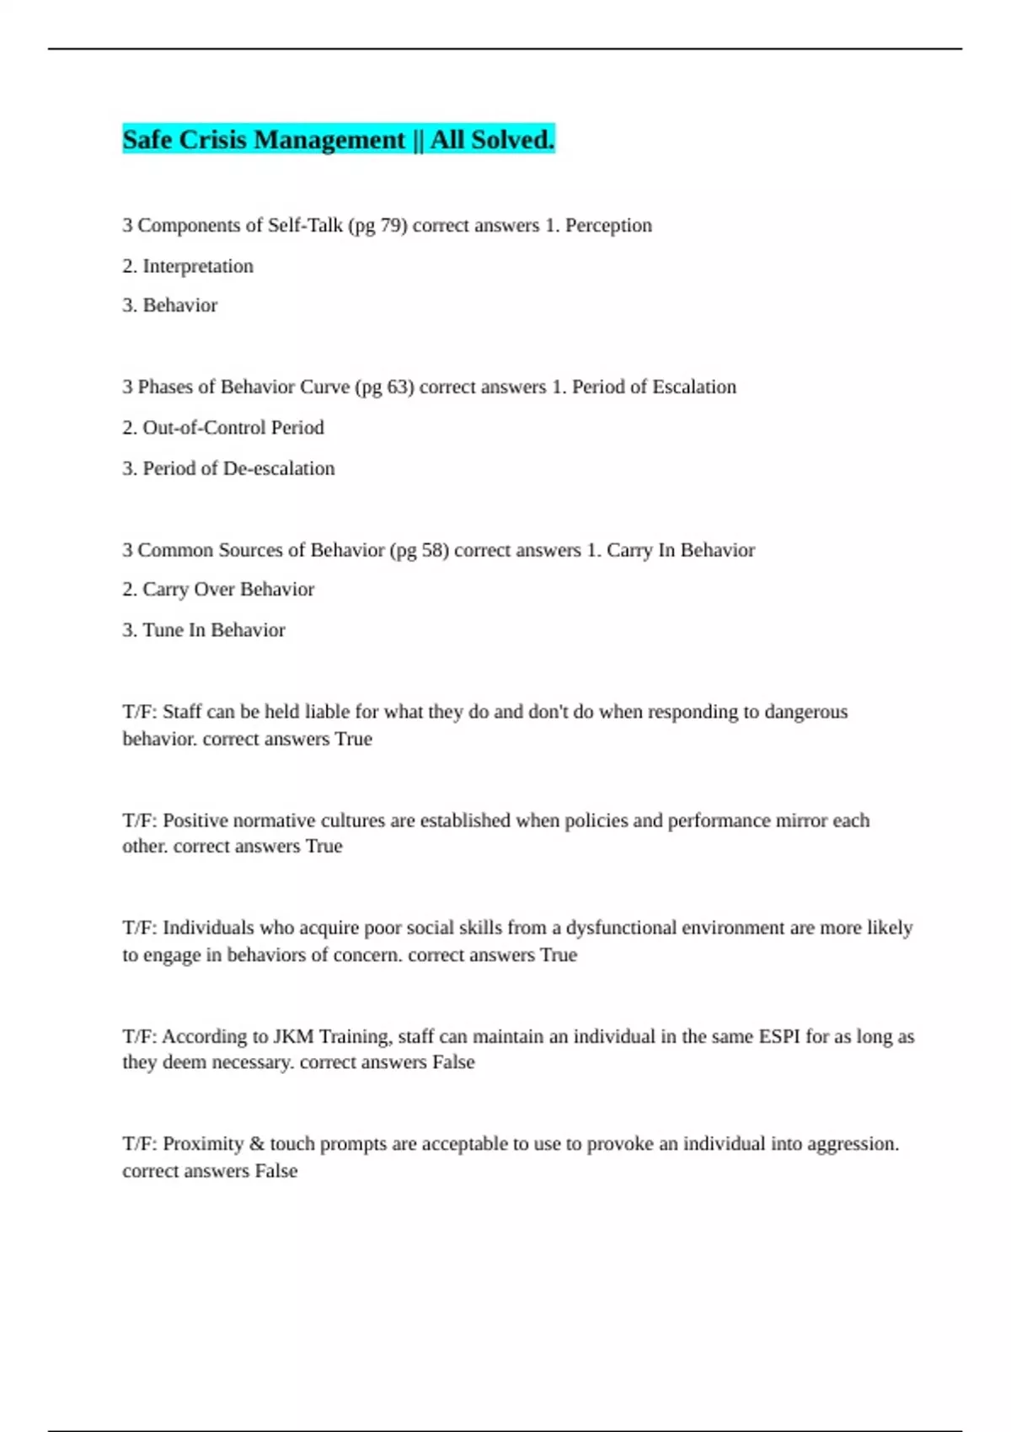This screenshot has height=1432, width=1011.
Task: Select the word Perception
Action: pos(608,226)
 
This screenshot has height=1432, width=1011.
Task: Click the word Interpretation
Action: pos(198,266)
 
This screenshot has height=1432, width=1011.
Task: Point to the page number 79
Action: pos(392,226)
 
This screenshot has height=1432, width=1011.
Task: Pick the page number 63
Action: pos(399,387)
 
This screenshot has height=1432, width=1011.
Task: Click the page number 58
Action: pos(433,550)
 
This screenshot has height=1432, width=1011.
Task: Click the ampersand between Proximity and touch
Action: pos(257,1144)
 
